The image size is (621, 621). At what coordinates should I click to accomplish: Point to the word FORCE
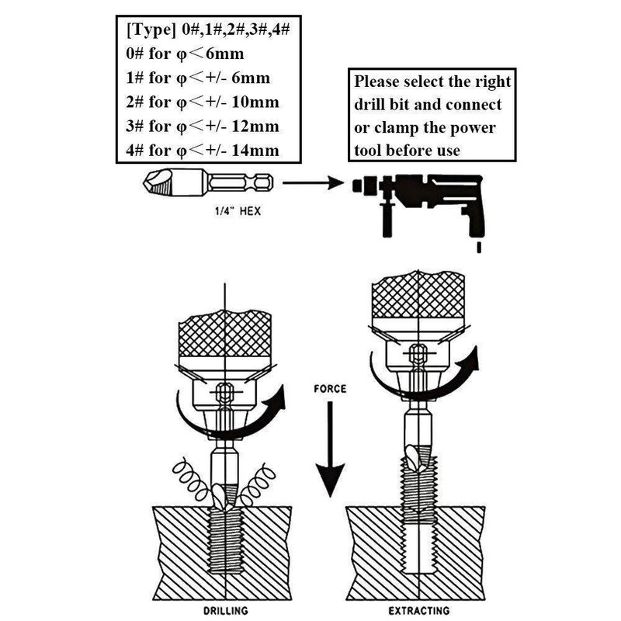coord(331,387)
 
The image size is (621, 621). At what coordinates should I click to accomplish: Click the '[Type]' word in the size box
coord(148,31)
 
